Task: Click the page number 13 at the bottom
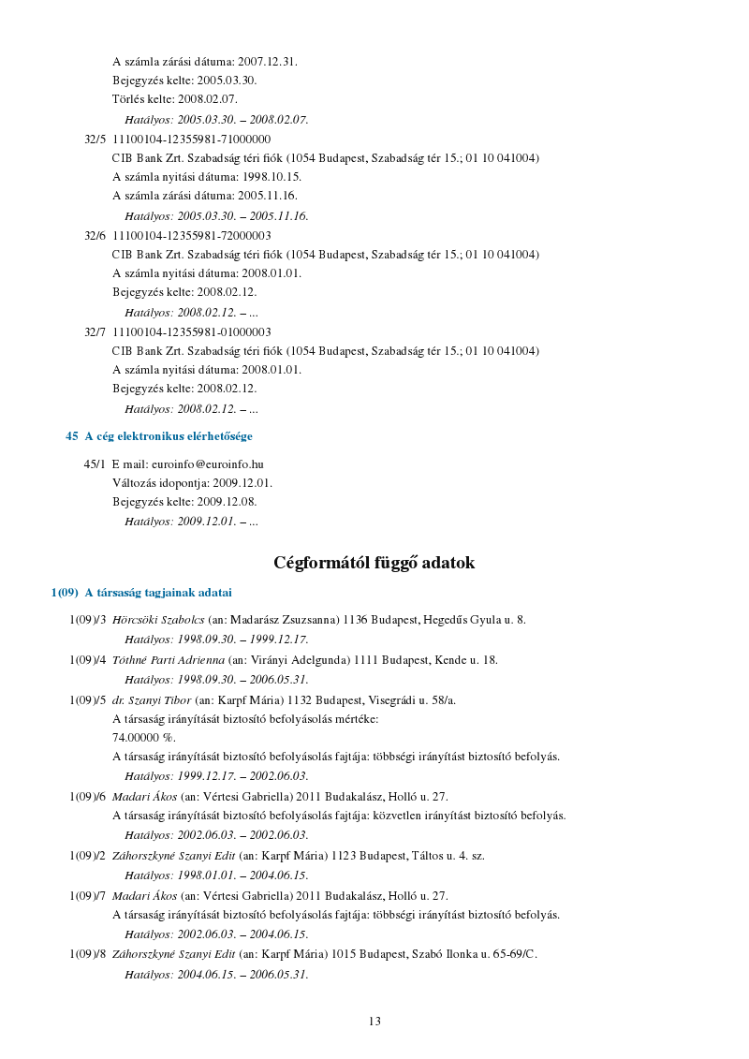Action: pyautogui.click(x=374, y=1022)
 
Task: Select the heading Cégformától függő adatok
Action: pyautogui.click(x=374, y=563)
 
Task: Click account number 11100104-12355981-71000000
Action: pyautogui.click(x=192, y=140)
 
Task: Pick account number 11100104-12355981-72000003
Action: pyautogui.click(x=192, y=236)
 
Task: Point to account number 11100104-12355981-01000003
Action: pyautogui.click(x=192, y=332)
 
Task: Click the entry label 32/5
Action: pyautogui.click(x=95, y=140)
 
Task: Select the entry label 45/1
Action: pyautogui.click(x=95, y=464)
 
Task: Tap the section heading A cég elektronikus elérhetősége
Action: pyautogui.click(x=169, y=436)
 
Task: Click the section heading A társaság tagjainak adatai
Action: pyautogui.click(x=158, y=593)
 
